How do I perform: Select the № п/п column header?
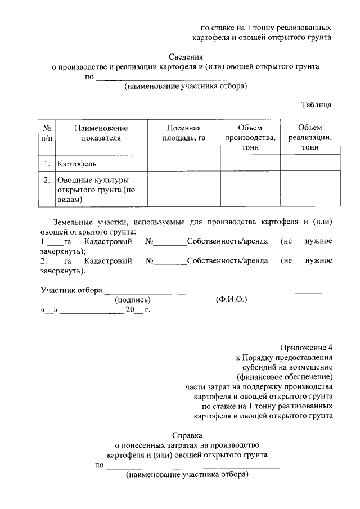(47, 133)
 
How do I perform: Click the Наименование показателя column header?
(101, 133)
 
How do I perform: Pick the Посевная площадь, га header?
(183, 133)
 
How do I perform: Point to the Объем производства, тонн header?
(250, 137)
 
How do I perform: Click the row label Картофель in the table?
(77, 164)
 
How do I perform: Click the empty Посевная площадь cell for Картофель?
(183, 164)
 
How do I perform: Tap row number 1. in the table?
(47, 164)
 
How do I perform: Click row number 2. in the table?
(47, 180)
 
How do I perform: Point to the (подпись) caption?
(133, 300)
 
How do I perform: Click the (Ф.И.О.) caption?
(231, 300)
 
